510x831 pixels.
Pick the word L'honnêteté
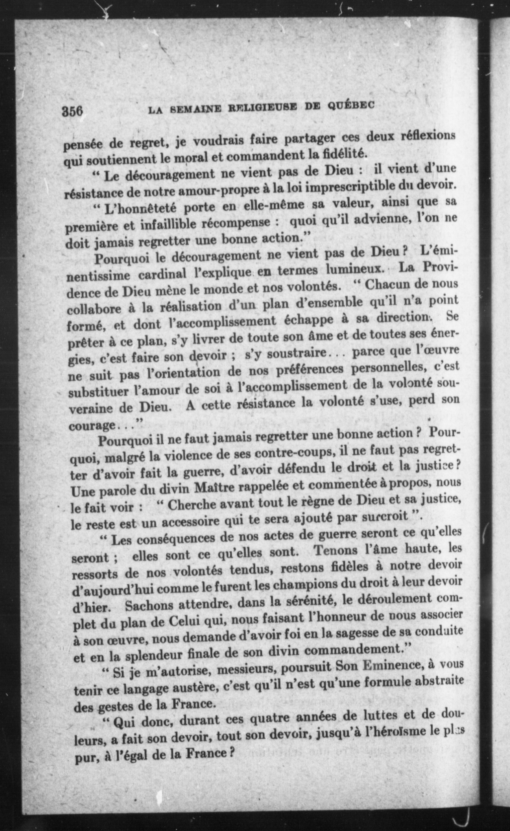coord(141,208)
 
